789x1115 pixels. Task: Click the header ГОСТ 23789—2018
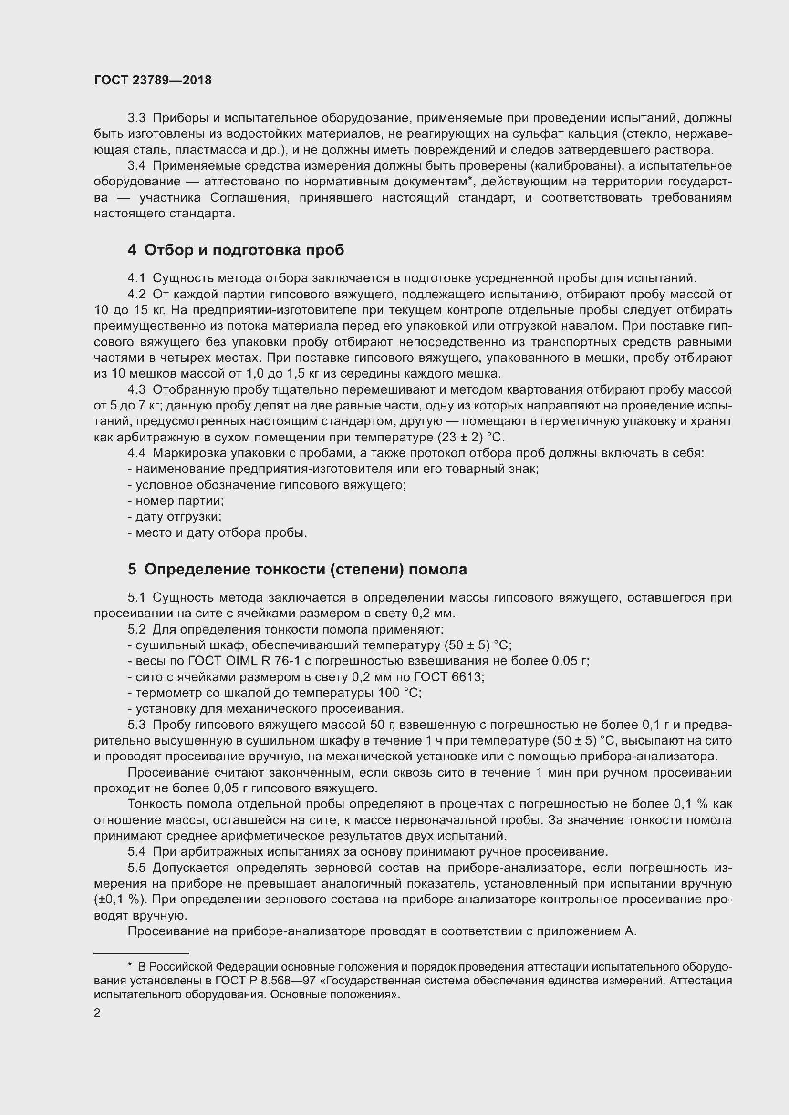click(x=153, y=81)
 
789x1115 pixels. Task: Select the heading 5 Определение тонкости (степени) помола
click(x=297, y=569)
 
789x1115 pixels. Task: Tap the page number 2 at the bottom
click(x=97, y=1013)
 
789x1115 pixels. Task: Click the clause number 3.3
click(x=136, y=119)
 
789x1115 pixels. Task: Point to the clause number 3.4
click(x=136, y=166)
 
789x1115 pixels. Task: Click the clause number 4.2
click(x=136, y=294)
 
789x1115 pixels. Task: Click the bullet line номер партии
click(x=176, y=501)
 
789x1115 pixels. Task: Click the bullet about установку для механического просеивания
click(x=266, y=708)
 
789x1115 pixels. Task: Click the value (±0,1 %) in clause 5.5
click(x=120, y=900)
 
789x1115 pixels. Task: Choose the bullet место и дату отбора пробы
click(x=218, y=533)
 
